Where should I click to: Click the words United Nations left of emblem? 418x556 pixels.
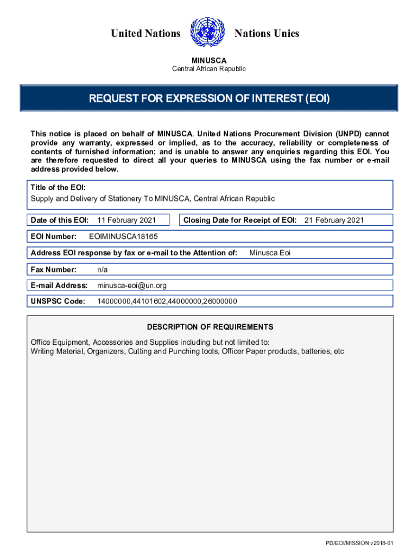coord(145,34)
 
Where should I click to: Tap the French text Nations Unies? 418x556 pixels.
coord(267,34)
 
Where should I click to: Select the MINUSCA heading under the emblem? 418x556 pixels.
coord(209,60)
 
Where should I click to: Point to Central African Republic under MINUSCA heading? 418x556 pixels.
coord(209,69)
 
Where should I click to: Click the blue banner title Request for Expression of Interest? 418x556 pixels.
coord(209,99)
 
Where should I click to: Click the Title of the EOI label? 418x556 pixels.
coord(58,187)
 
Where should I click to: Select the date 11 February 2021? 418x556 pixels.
coord(126,220)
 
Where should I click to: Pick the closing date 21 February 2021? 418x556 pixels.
coord(334,220)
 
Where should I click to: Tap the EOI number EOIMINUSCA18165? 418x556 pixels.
coord(123,237)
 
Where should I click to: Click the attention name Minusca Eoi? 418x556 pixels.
coord(270,252)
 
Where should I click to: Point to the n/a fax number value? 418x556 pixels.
coord(103,269)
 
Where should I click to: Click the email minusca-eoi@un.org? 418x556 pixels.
coord(132,286)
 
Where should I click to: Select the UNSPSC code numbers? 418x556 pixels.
coord(167,301)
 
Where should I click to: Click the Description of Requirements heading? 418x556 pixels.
coord(210,327)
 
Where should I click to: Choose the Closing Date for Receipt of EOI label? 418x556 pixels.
coord(240,220)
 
